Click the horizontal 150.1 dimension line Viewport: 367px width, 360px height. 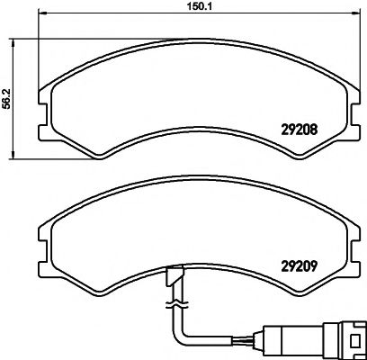[135, 17]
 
